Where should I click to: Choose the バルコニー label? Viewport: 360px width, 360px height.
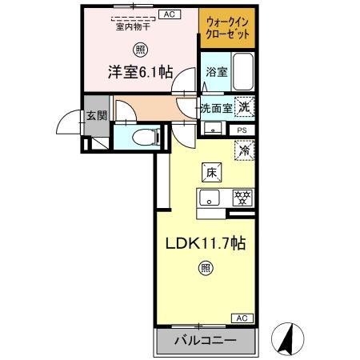[206, 342]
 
